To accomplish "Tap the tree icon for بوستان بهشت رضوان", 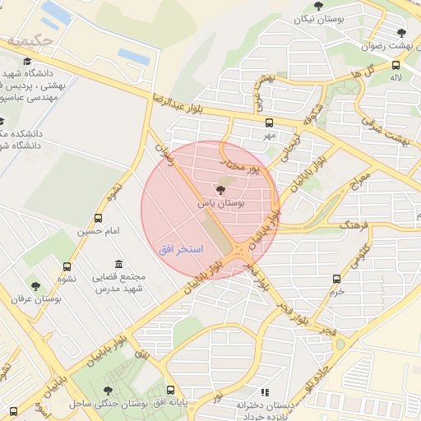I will coord(401,33).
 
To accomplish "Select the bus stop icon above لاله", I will coord(396,65).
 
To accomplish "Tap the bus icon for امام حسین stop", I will coord(99,219).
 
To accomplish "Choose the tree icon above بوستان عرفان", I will coord(35,286).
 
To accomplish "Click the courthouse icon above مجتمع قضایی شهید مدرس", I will coord(120,264).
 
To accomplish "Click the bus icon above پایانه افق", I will coord(171,391).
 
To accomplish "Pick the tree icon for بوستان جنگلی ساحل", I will coord(109,391).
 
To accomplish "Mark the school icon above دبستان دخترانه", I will coord(265,393).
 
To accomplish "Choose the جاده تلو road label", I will coord(316,375).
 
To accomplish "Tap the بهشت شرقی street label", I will coord(389,127).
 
